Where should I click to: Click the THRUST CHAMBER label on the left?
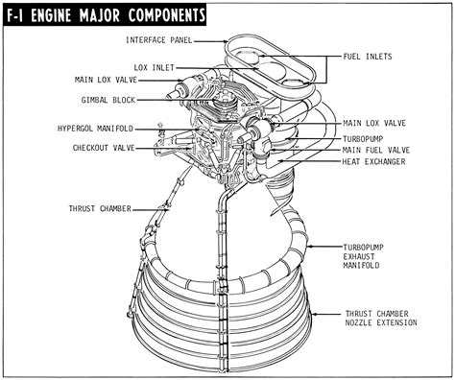pos(100,207)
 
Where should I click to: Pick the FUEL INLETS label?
pos(370,58)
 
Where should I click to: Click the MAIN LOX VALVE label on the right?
pos(373,124)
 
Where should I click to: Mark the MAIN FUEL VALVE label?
pos(375,150)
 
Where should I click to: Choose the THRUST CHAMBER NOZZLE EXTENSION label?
pos(381,319)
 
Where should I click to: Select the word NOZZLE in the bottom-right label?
pos(361,324)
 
